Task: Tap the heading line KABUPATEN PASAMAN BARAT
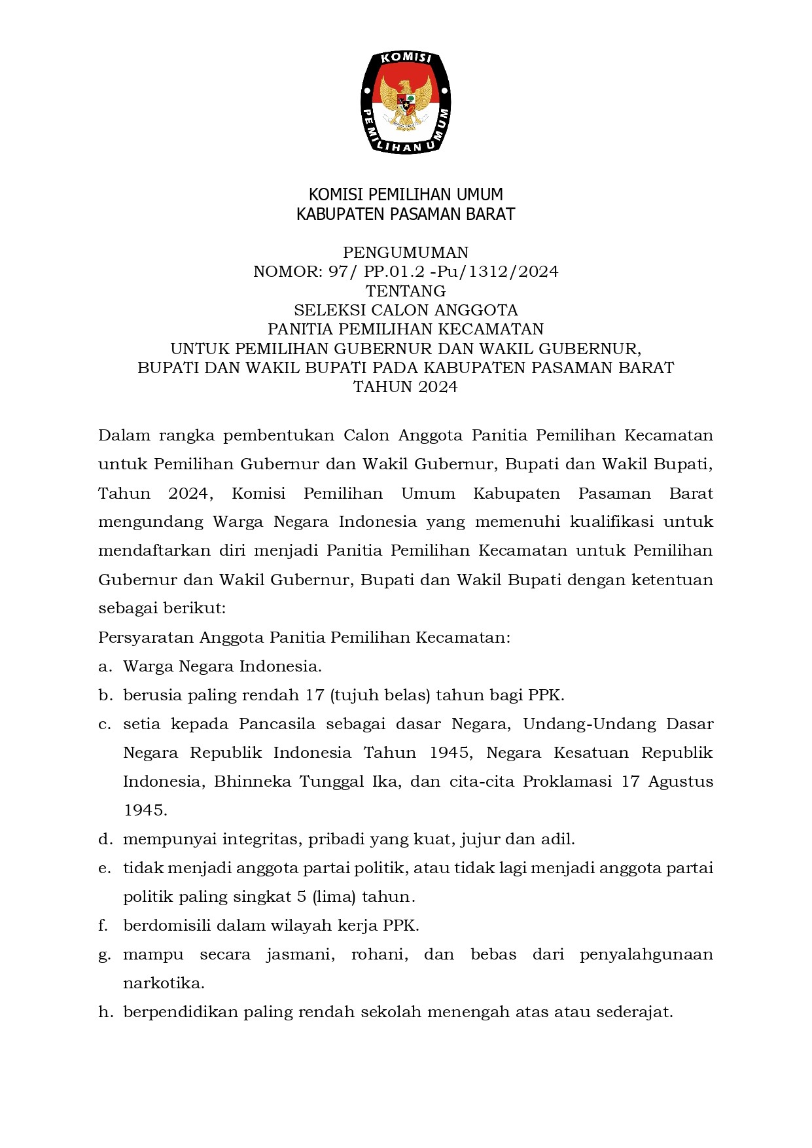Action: (x=406, y=214)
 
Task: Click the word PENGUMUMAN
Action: (x=406, y=253)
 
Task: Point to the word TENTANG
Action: (x=406, y=291)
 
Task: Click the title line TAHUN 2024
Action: (x=406, y=387)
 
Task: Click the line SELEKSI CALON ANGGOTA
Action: (x=406, y=310)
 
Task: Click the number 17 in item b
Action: (x=315, y=695)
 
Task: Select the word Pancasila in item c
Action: (x=277, y=724)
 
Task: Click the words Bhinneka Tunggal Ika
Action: (x=306, y=781)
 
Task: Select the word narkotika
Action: (x=164, y=983)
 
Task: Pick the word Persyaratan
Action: (x=146, y=637)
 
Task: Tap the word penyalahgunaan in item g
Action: (x=646, y=954)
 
